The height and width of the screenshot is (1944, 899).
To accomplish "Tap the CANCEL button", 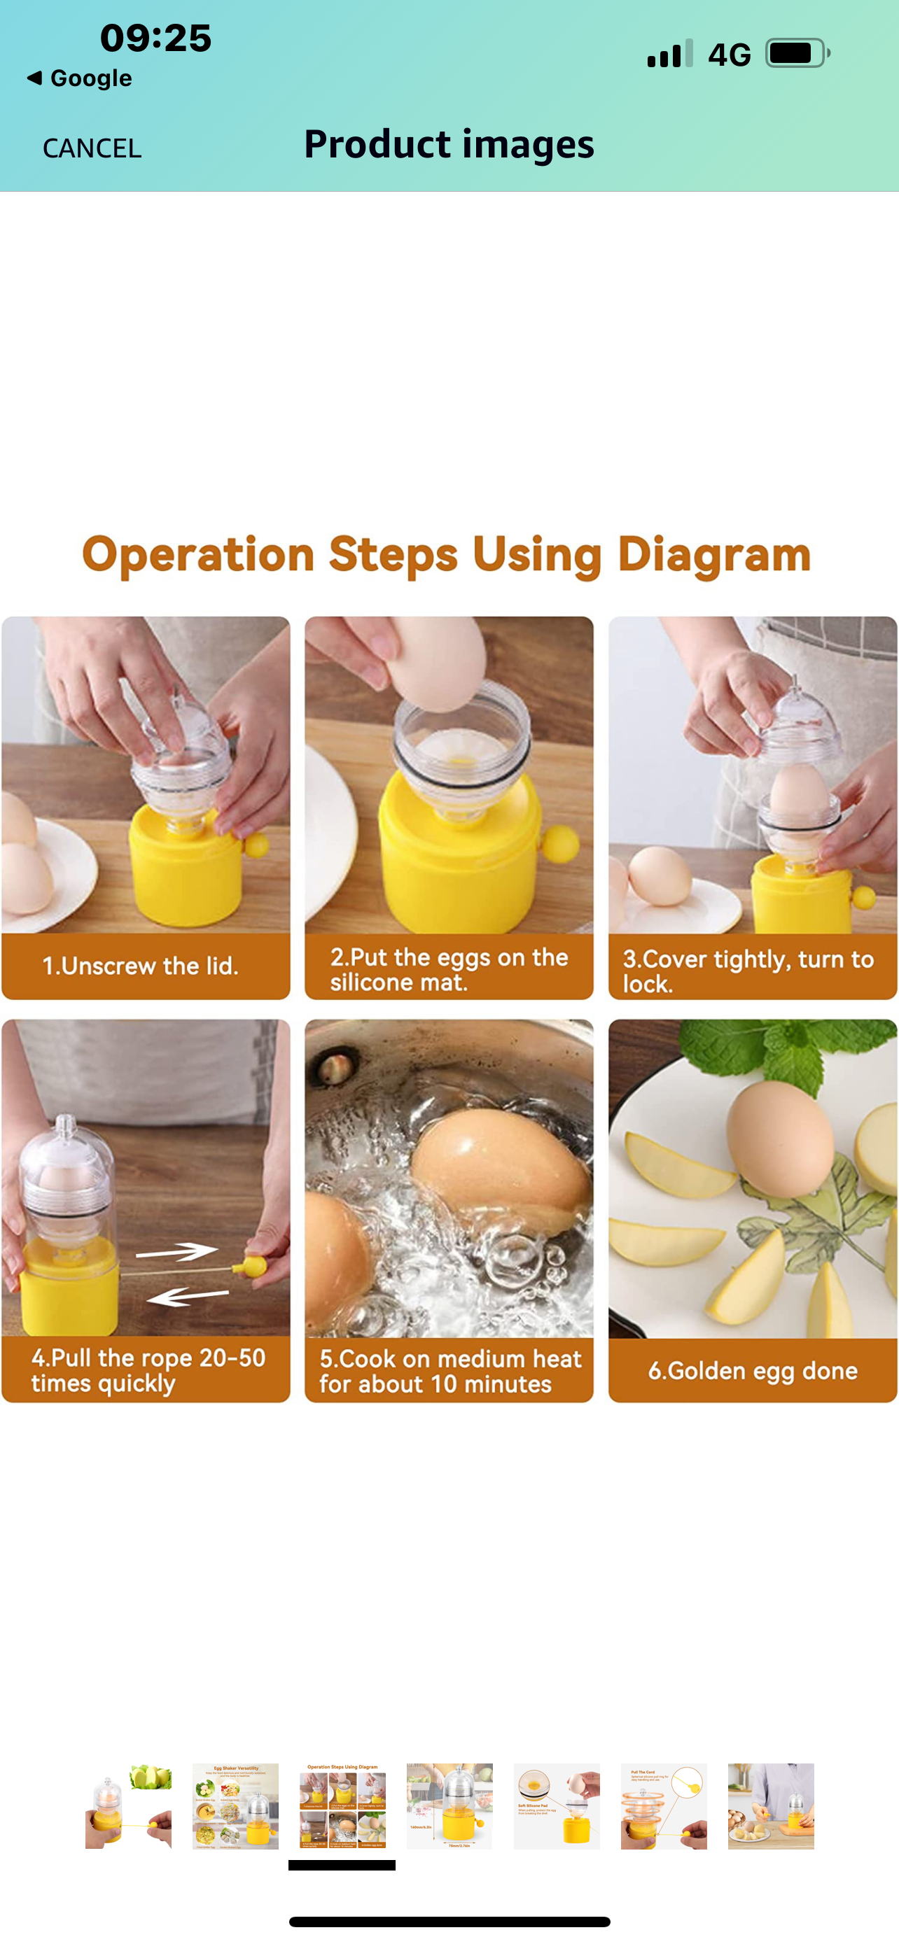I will [x=91, y=148].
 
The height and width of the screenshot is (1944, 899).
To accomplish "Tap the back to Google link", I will [x=79, y=78].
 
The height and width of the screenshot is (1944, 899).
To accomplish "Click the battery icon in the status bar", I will [x=796, y=54].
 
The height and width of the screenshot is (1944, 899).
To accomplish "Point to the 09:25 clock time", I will [x=155, y=38].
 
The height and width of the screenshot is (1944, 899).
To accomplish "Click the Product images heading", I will [x=449, y=144].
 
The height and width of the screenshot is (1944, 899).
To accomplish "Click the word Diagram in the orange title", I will [x=713, y=555].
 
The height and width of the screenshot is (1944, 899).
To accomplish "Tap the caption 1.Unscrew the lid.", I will [x=141, y=966].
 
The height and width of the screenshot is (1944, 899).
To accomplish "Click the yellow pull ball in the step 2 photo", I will [x=559, y=843].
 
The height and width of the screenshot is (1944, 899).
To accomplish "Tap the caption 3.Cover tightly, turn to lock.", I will [x=747, y=970].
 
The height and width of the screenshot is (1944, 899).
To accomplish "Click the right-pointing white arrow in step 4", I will [x=177, y=1252].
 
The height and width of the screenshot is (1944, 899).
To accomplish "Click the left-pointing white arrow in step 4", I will [x=187, y=1297].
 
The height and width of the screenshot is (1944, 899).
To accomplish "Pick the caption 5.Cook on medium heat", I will [x=450, y=1370].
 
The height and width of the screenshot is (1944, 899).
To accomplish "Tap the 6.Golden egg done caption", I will [x=753, y=1370].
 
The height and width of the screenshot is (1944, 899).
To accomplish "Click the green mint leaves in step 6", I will [x=762, y=1052].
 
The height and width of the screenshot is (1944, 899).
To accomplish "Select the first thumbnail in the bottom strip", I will [x=128, y=1806].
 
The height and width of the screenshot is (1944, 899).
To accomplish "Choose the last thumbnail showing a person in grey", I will [x=771, y=1806].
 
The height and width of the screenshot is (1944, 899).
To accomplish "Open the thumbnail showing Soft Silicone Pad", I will [x=557, y=1806].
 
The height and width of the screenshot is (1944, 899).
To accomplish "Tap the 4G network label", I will [x=729, y=55].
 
